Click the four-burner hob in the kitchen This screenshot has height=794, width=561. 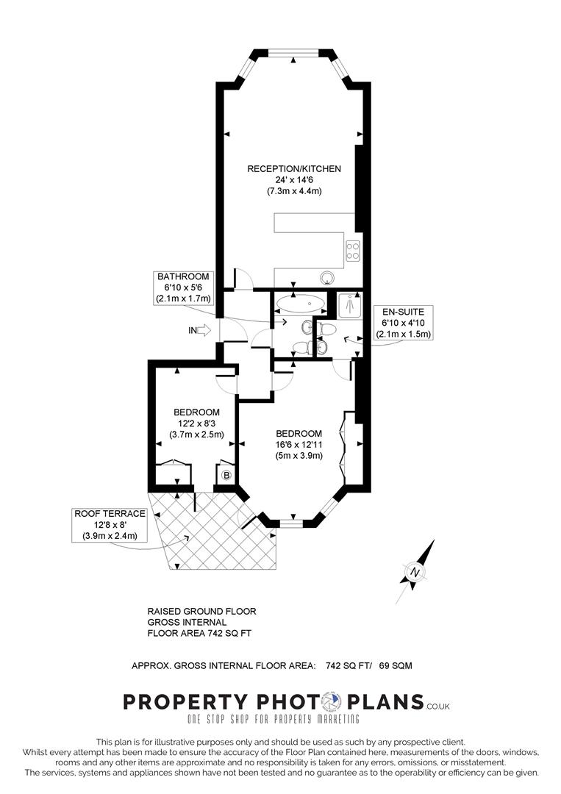[352, 251]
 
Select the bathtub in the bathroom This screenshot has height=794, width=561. [303, 302]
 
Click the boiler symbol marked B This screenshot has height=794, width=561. [226, 475]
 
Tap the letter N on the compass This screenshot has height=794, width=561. [415, 573]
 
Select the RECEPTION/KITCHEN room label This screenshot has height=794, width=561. [294, 169]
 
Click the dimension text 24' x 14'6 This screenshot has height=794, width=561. [294, 180]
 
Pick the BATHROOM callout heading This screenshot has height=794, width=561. [183, 276]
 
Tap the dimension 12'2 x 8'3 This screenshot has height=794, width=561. [196, 423]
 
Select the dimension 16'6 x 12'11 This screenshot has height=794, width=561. [299, 444]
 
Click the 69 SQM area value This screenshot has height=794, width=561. [396, 665]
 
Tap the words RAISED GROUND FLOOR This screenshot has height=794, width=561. [201, 611]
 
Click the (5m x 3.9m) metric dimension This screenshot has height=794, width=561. [299, 455]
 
